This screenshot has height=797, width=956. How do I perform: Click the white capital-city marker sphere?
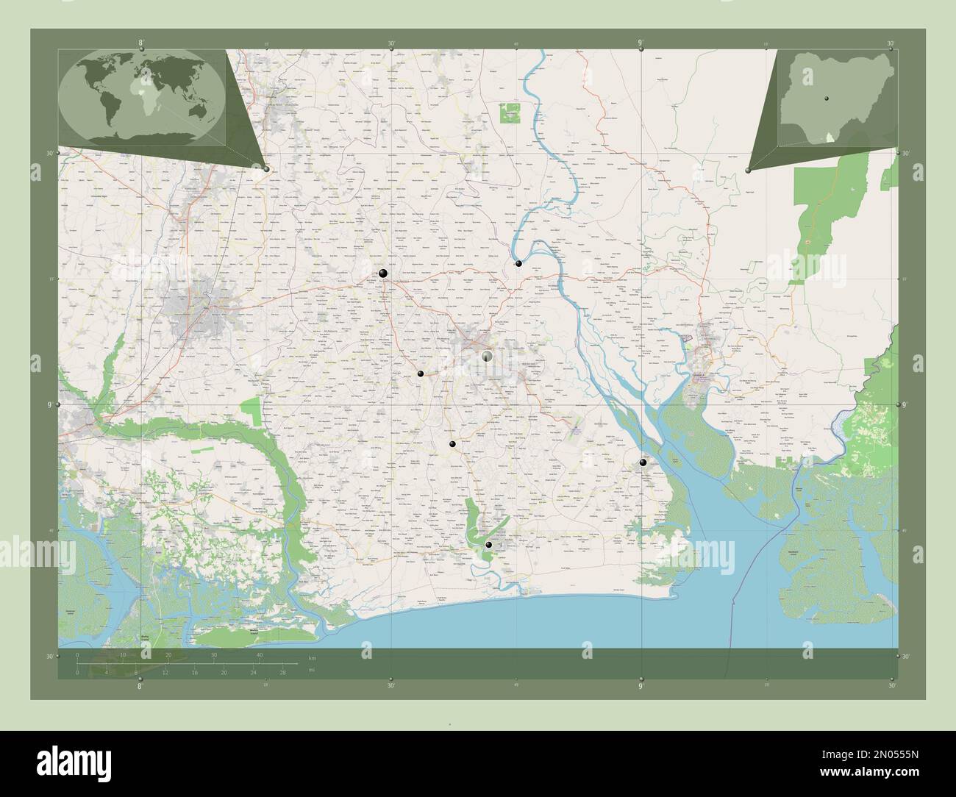point(486,356)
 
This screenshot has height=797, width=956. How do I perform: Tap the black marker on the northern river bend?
point(518,263)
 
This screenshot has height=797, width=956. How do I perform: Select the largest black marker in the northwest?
point(383,274)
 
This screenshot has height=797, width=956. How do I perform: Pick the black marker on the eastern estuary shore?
point(643,462)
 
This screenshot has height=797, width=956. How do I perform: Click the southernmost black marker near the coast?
point(488,545)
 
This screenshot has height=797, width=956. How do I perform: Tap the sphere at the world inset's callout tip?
point(266,169)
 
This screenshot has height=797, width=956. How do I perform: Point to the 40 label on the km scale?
point(259,655)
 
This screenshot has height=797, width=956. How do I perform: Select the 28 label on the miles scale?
point(282,672)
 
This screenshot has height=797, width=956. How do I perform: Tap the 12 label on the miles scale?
point(166,672)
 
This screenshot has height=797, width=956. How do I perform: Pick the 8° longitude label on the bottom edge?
point(140,686)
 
